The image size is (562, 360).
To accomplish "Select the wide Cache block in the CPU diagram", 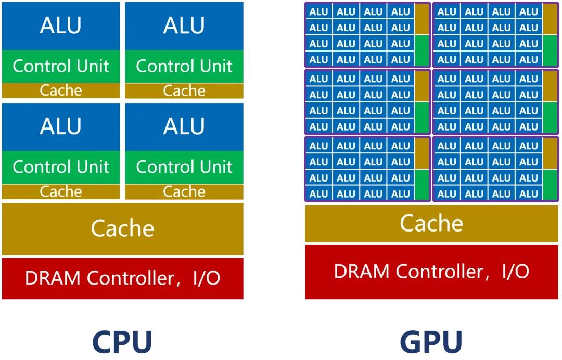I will tap(122, 228).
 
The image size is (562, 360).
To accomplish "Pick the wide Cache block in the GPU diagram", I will tap(431, 224).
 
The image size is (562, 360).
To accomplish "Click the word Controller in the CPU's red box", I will tap(130, 278).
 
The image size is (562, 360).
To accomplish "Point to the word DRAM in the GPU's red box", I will tap(362, 271).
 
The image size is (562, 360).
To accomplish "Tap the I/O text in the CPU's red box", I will tap(206, 278).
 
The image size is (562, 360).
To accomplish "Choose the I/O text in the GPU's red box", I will tap(515, 271).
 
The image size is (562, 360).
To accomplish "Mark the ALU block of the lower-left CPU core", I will tap(60, 126).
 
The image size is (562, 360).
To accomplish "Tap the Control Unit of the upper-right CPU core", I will tap(184, 66).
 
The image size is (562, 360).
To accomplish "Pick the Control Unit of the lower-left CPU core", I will tap(60, 167).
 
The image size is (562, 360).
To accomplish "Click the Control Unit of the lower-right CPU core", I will tap(184, 167).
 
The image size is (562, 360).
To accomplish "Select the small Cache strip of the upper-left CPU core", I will tap(60, 91).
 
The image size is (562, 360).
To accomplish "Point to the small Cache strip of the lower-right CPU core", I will tap(184, 191).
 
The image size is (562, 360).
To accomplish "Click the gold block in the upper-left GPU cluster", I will tap(422, 19).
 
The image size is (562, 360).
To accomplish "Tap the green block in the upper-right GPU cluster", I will tap(550, 50).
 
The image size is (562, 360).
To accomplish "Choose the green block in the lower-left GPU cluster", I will tap(422, 185).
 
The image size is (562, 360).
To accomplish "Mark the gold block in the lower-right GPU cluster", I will tap(550, 153).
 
